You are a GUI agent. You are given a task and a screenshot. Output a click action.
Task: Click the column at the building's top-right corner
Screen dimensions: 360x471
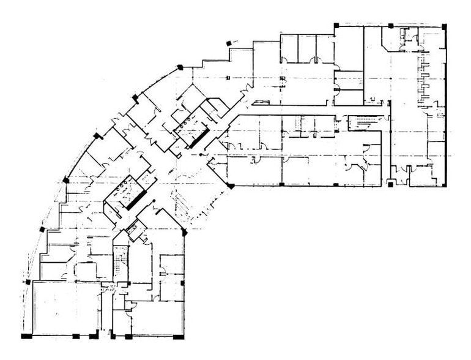pyautogui.click(x=443, y=26)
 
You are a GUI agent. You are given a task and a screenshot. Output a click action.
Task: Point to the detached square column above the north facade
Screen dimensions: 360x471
pyautogui.click(x=229, y=42)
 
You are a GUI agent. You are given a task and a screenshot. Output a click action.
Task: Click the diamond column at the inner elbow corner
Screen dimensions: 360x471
pyautogui.click(x=230, y=184)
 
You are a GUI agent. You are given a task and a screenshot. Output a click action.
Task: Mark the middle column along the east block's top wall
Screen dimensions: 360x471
pyautogui.click(x=390, y=26)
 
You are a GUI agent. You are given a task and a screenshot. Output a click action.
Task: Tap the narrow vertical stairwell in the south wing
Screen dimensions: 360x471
pyautogui.click(x=120, y=263)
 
